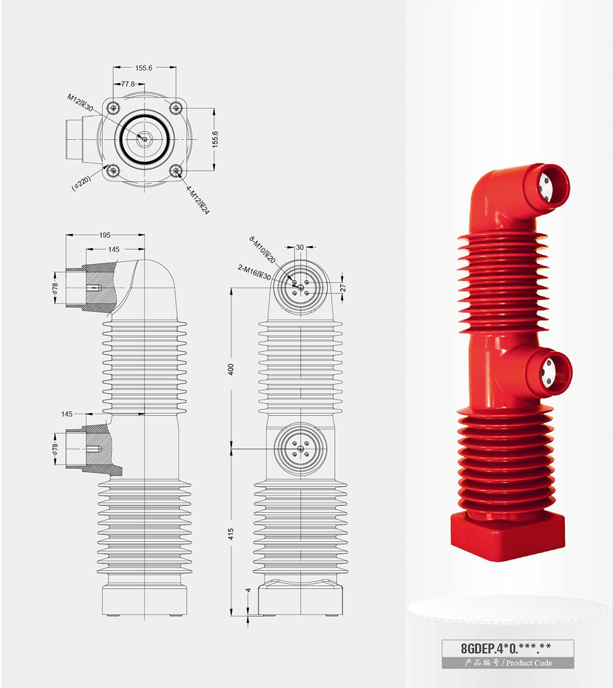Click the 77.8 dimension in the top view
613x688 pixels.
coord(128,83)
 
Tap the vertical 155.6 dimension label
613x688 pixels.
coord(215,139)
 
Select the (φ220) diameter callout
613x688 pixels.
coord(82,183)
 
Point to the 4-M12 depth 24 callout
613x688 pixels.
coord(198,200)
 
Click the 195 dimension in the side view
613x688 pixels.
coord(104,235)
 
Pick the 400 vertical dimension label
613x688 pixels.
coord(231,369)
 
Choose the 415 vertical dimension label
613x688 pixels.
coord(231,534)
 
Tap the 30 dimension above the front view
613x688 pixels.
coord(300,247)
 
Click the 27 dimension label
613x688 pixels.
coord(343,288)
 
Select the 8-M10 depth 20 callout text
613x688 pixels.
coord(262,250)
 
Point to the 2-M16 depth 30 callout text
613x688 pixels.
coord(254,273)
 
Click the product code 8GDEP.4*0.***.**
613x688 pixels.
coord(506,648)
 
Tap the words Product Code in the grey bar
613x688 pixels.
coord(529,662)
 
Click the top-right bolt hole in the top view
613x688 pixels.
coord(175,108)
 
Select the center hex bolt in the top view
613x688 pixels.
coord(145,139)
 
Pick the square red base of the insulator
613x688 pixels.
coord(507,536)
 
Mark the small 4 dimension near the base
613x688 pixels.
coord(248,590)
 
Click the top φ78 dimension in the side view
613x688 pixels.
coord(56,288)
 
